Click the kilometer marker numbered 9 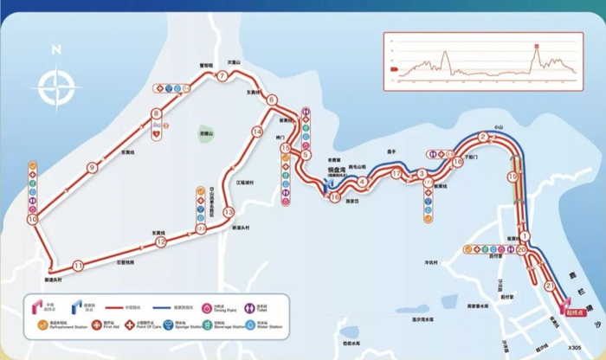(x=91, y=168)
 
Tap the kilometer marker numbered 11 (x=79, y=266)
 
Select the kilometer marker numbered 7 (x=222, y=76)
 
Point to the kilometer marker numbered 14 (x=256, y=132)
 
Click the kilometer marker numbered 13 (x=228, y=212)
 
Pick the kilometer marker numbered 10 (x=33, y=220)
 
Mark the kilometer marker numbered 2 (x=483, y=137)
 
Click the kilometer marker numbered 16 (x=335, y=197)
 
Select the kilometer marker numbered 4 (x=363, y=181)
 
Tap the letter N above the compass (x=54, y=49)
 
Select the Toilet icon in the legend (x=249, y=305)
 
